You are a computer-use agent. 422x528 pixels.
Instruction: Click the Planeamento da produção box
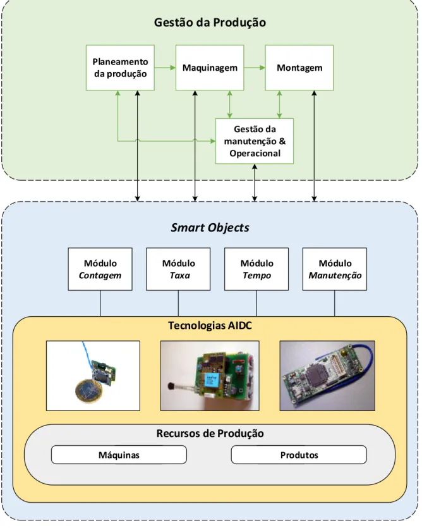point(120,68)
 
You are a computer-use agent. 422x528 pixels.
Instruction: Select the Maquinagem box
point(210,68)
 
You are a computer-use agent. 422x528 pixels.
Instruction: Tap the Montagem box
point(299,68)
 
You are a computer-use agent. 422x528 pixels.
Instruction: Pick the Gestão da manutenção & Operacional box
point(255,141)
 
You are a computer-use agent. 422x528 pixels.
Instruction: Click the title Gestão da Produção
point(210,22)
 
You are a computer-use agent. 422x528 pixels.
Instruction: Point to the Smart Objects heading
point(210,228)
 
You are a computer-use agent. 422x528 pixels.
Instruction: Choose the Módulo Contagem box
point(100,269)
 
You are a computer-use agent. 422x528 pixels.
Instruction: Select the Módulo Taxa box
point(178,269)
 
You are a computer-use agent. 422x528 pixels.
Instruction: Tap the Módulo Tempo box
point(256,269)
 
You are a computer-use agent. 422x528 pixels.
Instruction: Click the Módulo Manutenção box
point(335,269)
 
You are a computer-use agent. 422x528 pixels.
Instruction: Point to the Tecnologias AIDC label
point(210,326)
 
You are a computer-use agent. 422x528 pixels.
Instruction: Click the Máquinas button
point(119,455)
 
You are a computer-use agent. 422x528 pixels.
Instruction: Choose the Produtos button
point(299,455)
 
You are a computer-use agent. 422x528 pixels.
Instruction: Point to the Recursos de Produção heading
point(210,433)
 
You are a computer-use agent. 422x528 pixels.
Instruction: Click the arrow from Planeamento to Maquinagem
point(165,68)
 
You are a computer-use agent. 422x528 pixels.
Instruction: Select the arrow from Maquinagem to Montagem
point(255,68)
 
